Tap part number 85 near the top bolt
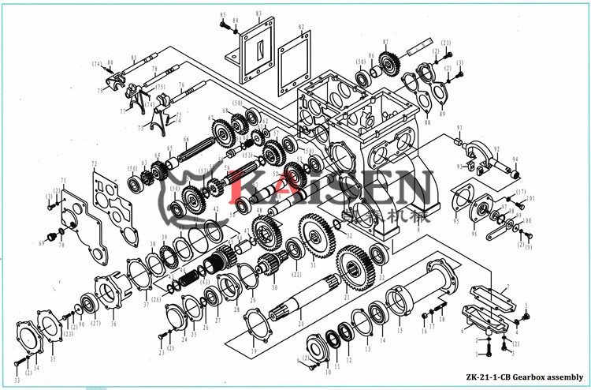coord(223,15)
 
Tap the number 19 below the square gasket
coord(253,351)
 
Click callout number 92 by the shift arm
coord(497,148)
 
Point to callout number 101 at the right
coord(530,198)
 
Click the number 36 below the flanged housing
coord(112,323)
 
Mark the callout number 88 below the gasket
coord(426,122)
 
